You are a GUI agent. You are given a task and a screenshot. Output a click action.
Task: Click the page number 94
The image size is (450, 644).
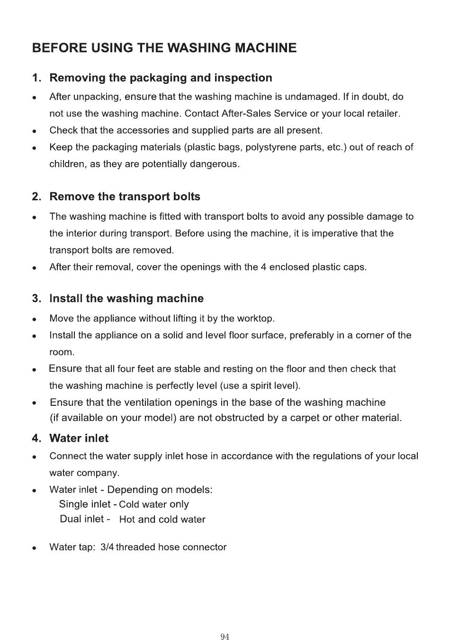tap(225, 637)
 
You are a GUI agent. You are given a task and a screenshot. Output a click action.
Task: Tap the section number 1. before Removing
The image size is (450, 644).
tap(36, 78)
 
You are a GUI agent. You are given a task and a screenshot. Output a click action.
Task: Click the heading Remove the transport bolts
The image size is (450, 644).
tap(125, 197)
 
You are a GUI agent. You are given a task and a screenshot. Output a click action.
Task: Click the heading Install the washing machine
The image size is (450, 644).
tap(126, 298)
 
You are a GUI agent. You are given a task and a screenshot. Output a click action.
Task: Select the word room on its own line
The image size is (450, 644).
tap(62, 352)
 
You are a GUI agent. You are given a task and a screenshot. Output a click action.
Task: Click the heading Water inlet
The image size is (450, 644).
tap(79, 438)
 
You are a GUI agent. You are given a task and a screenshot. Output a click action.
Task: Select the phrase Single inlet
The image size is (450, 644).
tap(84, 504)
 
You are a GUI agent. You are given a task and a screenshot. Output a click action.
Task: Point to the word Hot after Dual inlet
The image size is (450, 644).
tap(127, 519)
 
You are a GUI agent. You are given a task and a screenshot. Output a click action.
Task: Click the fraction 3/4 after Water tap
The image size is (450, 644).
tap(107, 547)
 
